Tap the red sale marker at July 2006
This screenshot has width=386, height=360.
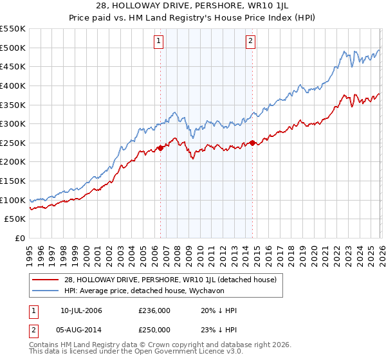pos(160,148)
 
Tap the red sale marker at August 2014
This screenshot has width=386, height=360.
pos(252,143)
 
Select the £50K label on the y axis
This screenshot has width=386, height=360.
pos(15,219)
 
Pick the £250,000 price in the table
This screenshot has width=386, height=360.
pos(154,330)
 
